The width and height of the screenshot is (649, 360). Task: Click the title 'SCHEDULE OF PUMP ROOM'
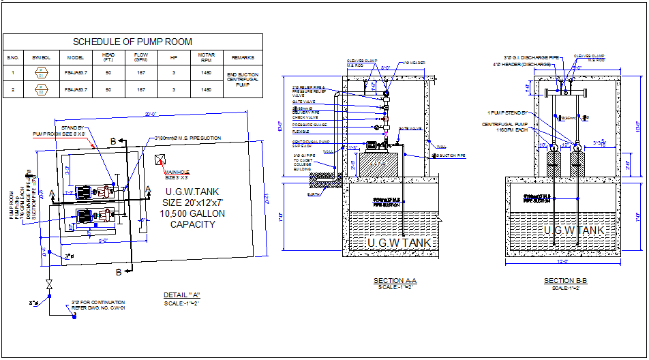click(132, 42)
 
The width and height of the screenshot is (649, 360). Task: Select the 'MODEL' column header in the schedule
click(76, 58)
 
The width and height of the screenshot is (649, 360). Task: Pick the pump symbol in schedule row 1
click(41, 73)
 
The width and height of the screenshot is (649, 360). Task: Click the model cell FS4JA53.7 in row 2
click(76, 89)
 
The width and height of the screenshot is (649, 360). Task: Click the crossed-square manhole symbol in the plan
click(160, 160)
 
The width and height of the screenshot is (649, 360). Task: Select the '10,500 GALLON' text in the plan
click(193, 213)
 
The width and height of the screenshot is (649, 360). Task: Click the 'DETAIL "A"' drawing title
click(181, 295)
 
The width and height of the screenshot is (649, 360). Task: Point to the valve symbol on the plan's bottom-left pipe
click(48, 284)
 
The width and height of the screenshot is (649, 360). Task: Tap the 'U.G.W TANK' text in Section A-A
click(399, 243)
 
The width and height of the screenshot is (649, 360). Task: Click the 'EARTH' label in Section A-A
click(313, 194)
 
